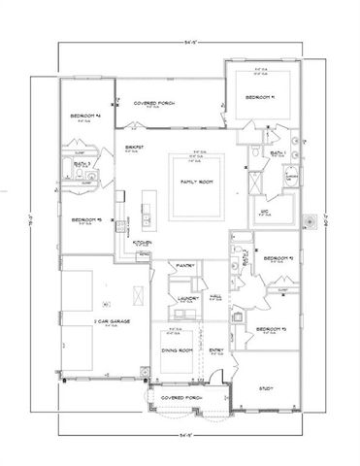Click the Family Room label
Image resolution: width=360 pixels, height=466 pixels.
click(198, 182)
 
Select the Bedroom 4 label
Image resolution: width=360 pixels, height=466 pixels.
click(85, 117)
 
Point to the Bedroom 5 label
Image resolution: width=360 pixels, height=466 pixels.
click(86, 220)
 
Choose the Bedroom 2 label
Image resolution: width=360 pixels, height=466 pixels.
click(280, 259)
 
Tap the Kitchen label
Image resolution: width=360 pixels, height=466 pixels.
click(143, 243)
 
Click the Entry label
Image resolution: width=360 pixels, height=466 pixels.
click(216, 352)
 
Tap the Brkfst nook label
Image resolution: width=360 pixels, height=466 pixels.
click(134, 147)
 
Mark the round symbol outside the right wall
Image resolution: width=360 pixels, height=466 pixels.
click(310, 221)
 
